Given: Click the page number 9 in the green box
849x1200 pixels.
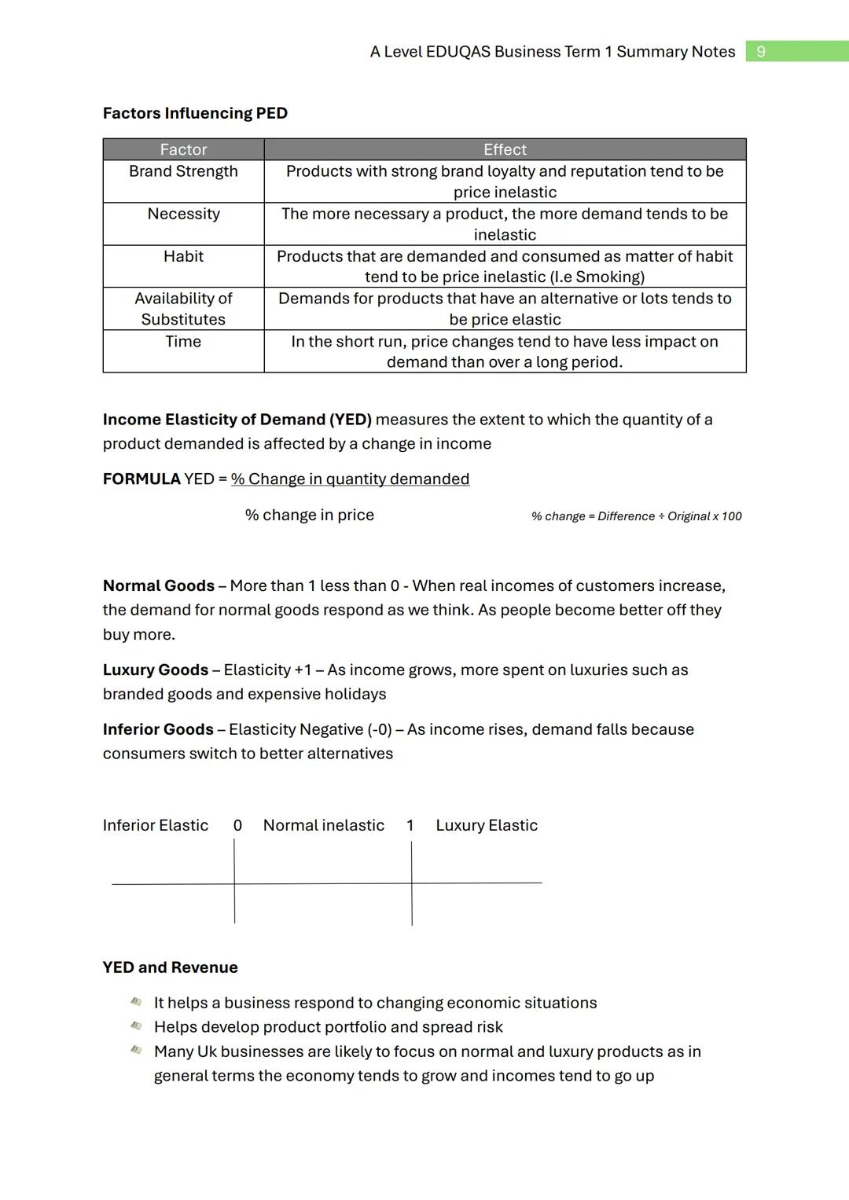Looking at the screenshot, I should [x=760, y=52].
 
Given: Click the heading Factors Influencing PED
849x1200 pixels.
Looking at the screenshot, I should [x=195, y=113].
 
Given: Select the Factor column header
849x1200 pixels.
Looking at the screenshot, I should [x=183, y=149].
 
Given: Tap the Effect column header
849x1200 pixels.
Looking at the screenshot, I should [x=505, y=149].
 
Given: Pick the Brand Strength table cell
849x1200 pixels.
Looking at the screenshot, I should [x=183, y=171].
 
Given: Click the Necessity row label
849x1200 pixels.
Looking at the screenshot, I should [x=183, y=214].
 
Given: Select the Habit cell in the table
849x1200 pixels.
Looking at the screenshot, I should [x=183, y=256].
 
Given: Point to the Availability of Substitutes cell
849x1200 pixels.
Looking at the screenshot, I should [x=183, y=309].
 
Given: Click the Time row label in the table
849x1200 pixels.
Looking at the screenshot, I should [x=183, y=341].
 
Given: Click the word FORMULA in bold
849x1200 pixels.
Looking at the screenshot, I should [x=141, y=479].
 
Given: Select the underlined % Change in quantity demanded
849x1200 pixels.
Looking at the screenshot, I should [x=350, y=479].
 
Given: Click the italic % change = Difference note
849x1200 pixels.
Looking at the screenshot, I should [x=636, y=516].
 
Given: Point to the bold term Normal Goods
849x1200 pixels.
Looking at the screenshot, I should [x=158, y=586].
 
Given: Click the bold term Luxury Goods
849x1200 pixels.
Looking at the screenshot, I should [x=155, y=670].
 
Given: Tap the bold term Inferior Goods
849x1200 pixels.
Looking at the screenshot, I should [x=158, y=730].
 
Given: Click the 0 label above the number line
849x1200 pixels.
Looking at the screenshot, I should [x=237, y=826].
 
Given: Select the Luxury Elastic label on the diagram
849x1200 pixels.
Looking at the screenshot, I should [x=487, y=826].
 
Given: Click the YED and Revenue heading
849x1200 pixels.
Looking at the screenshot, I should [x=170, y=967].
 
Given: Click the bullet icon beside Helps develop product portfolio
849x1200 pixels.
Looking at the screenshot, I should [x=136, y=1026].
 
